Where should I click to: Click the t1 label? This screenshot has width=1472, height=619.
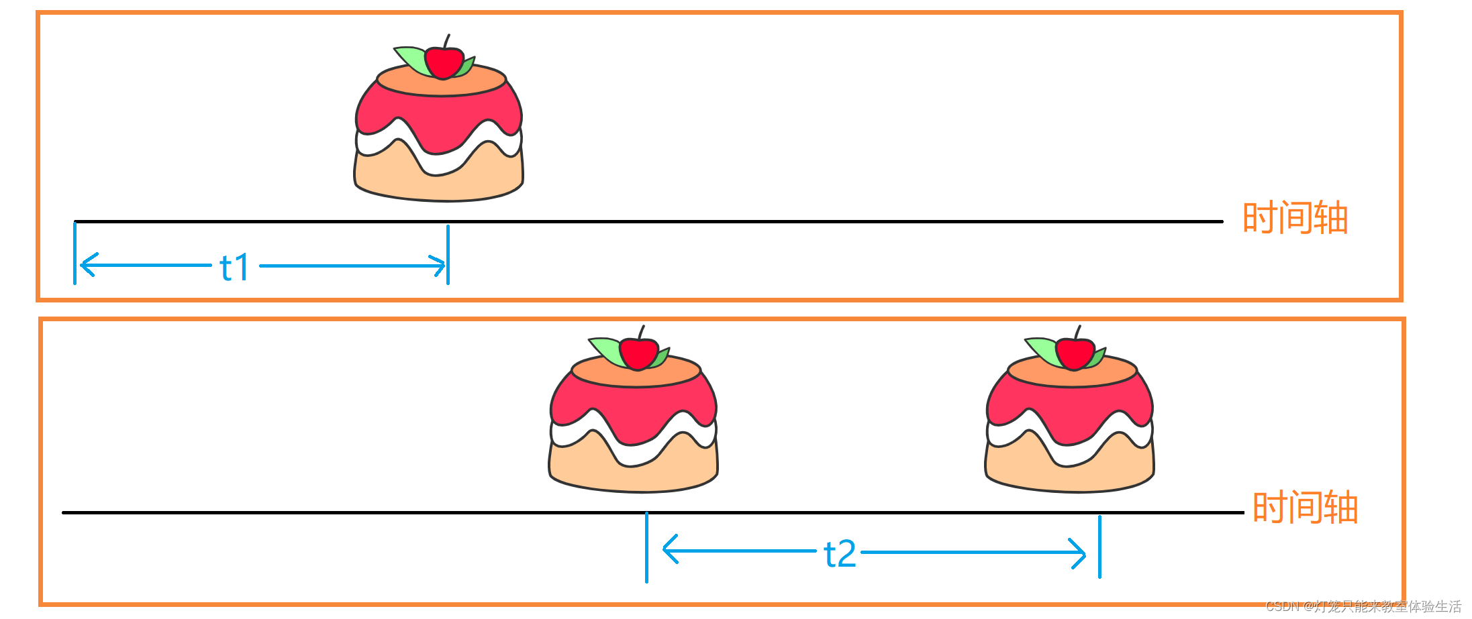tap(234, 268)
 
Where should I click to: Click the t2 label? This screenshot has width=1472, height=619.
tap(840, 555)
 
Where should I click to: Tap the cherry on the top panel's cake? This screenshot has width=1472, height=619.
tap(444, 62)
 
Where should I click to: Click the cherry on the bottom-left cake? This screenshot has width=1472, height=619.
tap(638, 353)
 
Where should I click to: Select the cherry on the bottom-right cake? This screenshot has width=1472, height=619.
tap(1075, 353)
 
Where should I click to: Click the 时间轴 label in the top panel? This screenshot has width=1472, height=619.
tap(1295, 218)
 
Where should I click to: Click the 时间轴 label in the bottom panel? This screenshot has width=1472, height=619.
tap(1305, 508)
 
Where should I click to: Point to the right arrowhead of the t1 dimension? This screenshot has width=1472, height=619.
tap(440, 266)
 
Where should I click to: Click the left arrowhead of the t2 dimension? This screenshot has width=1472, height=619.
tap(668, 549)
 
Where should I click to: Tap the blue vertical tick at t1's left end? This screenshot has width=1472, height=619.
tap(75, 254)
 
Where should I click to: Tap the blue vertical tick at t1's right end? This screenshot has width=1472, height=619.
tap(448, 255)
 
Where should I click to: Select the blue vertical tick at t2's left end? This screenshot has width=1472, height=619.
tap(646, 547)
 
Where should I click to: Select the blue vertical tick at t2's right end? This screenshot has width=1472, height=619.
tap(1099, 547)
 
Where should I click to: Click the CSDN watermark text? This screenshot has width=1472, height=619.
tap(1363, 607)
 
